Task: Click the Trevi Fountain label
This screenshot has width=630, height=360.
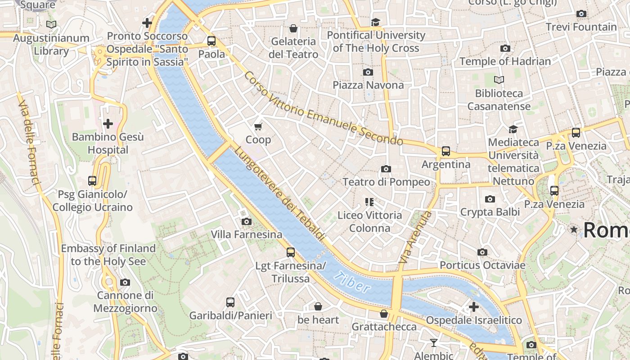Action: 581,27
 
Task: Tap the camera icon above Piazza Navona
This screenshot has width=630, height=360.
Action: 368,72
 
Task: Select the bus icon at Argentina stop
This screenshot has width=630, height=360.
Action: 445,151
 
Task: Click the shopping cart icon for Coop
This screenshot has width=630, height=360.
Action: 258,126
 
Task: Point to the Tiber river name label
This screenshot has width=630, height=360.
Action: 353,283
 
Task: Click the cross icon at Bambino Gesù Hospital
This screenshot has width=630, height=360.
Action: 108,123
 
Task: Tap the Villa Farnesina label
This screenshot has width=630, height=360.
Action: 247,234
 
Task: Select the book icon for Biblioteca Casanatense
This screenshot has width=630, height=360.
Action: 499,80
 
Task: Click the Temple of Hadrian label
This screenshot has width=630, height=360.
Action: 505,61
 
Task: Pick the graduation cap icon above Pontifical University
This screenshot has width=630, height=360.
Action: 375,22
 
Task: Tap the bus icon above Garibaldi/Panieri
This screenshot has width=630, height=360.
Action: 230,302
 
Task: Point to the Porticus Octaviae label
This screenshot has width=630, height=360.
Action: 482,265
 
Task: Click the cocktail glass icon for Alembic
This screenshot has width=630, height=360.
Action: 433,343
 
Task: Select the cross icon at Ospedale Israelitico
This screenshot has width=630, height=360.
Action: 473,307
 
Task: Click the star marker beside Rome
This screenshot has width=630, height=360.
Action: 574,230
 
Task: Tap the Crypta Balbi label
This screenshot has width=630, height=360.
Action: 490,212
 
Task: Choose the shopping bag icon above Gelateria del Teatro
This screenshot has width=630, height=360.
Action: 293,28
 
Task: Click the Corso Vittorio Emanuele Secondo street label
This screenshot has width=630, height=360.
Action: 323,109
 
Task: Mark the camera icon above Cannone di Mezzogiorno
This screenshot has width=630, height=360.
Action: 125,283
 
